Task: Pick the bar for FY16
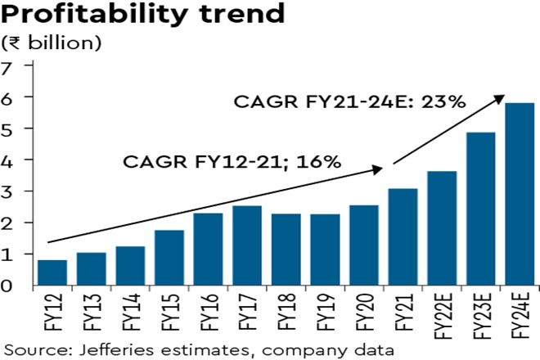(209, 250)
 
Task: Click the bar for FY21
(403, 237)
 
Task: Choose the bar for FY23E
(481, 209)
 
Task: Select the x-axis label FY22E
(443, 314)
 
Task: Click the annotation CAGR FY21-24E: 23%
(349, 102)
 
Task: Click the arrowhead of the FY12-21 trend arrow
(379, 169)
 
